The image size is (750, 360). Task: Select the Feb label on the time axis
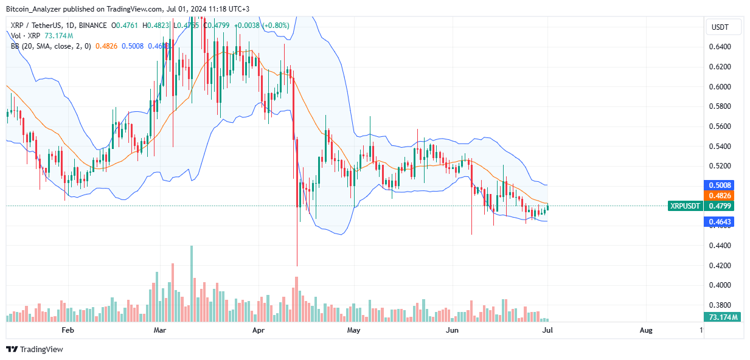(68, 330)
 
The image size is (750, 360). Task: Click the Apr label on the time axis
(259, 330)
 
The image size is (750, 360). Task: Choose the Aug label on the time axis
(646, 330)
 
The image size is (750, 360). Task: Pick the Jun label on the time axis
(452, 330)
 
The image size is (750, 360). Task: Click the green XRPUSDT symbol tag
(685, 206)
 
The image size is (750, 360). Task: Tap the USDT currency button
(720, 27)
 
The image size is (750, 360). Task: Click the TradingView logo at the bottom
(35, 349)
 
